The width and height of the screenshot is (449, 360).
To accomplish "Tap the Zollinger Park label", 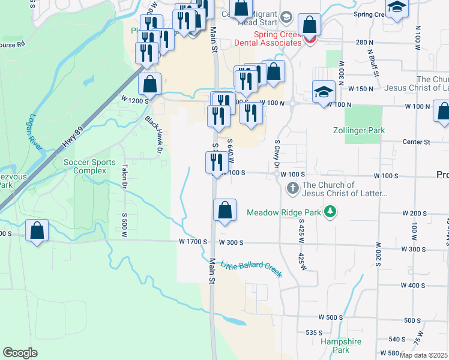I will click(359, 130).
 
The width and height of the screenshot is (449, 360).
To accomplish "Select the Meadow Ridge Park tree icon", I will click(330, 212).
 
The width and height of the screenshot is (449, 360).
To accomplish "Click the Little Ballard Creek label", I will click(251, 269).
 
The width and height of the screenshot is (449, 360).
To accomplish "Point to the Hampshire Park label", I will click(340, 345).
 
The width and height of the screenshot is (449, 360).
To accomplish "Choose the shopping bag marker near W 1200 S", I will click(149, 84).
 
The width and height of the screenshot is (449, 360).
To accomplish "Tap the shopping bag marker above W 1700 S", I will click(224, 210).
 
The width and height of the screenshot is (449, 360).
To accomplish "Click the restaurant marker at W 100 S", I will click(216, 162).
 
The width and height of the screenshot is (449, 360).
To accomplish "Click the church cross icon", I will click(293, 189).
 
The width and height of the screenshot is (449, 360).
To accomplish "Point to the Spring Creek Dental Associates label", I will click(277, 38).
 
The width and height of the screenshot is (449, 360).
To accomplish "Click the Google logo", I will click(20, 352).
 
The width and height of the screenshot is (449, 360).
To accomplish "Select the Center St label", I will click(419, 142).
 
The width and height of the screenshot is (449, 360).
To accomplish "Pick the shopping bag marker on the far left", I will click(37, 230).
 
